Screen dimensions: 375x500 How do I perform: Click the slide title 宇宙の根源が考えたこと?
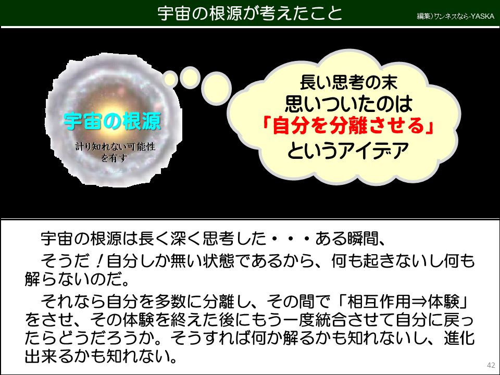coord(250,13)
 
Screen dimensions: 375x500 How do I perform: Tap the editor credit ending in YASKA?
coord(455,16)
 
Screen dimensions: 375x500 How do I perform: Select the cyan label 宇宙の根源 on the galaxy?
coord(113,121)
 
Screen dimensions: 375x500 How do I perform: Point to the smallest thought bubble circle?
coord(170,78)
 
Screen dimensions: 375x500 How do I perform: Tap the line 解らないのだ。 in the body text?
coord(76,280)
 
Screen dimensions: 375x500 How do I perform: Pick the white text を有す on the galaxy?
coord(114,158)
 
